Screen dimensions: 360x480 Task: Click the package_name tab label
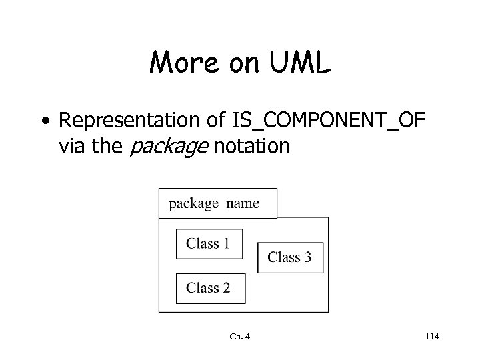coord(213,203)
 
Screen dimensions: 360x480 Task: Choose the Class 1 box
coord(209,243)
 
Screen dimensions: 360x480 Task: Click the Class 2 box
coord(209,287)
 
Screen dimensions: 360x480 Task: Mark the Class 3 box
coord(290,257)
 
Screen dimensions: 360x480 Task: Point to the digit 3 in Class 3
coord(307,257)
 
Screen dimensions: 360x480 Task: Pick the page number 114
coord(431,337)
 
